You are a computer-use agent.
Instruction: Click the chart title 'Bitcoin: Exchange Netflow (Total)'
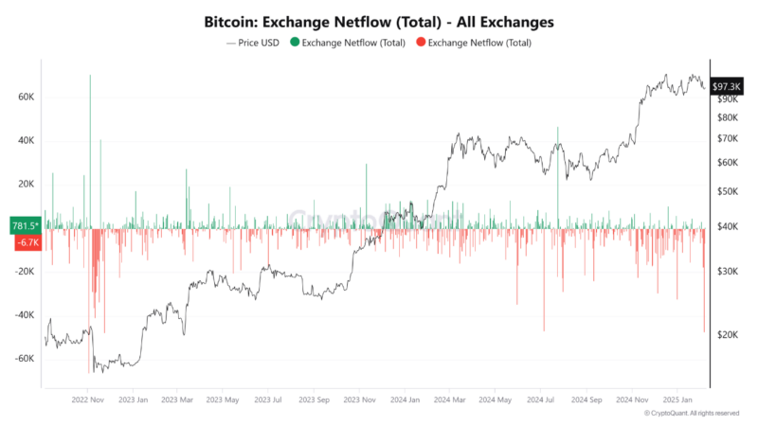[379, 20]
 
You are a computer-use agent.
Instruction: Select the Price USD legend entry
[253, 43]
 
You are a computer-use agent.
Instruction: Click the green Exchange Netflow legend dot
[295, 43]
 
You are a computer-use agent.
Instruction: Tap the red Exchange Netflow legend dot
[421, 43]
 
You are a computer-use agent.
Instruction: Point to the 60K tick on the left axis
[26, 98]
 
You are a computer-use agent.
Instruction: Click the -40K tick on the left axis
[24, 315]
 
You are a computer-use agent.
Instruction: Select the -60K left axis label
[24, 359]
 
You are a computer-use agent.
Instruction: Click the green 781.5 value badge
[25, 226]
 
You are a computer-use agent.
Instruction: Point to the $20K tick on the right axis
[728, 334]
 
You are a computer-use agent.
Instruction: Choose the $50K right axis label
[728, 191]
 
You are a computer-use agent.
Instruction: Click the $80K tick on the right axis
[728, 117]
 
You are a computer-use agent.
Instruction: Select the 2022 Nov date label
[87, 399]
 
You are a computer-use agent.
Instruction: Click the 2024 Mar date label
[450, 399]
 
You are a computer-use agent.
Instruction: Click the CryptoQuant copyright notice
[692, 414]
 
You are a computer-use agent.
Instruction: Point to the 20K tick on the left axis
[26, 185]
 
